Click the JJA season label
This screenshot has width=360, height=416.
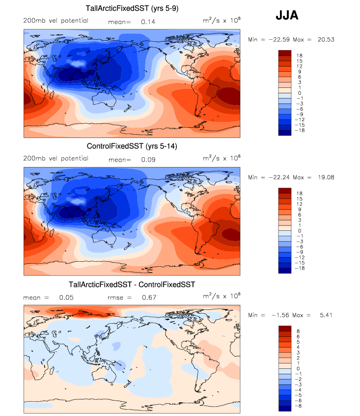287,16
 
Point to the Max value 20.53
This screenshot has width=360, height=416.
327,39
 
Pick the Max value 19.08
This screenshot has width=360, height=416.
327,177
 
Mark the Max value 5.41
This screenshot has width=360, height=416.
326,315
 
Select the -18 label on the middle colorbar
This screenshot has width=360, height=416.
300,269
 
